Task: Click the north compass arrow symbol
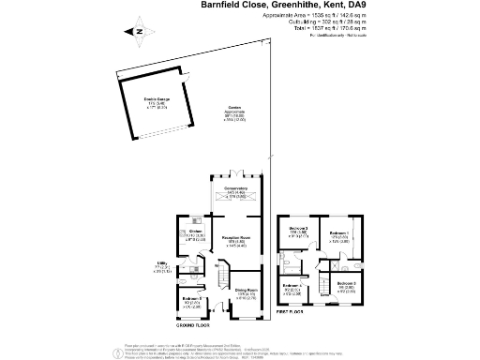click(137, 31)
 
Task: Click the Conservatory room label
click(234, 191)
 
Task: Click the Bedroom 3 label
click(298, 230)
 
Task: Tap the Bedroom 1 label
click(337, 232)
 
